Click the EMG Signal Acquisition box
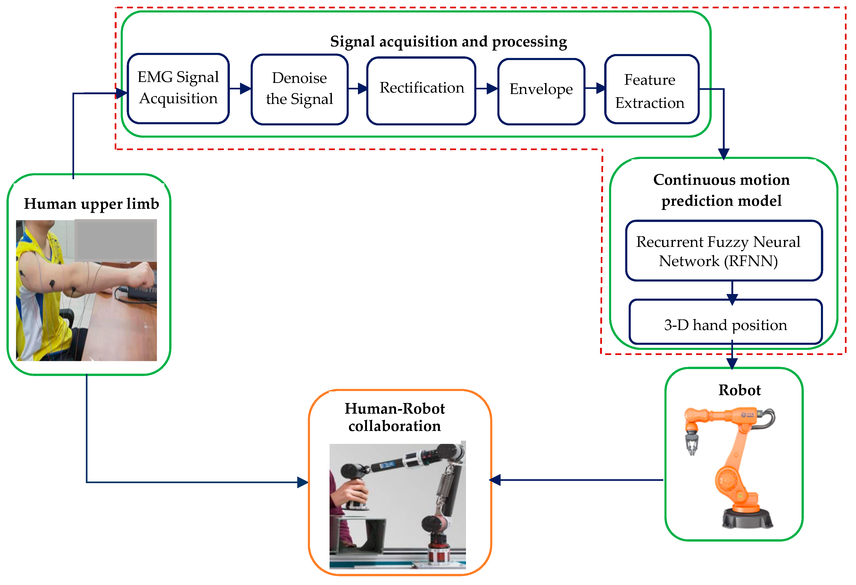[x=178, y=88]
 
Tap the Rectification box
[x=421, y=91]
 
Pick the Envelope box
[x=541, y=91]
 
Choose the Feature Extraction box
[x=652, y=89]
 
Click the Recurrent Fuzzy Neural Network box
[x=724, y=251]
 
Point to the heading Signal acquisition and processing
[x=448, y=42]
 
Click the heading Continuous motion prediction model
[x=721, y=191]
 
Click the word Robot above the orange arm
[x=740, y=390]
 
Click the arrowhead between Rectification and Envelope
[x=492, y=88]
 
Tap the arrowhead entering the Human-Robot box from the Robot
[x=495, y=480]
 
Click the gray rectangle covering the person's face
[x=116, y=240]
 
